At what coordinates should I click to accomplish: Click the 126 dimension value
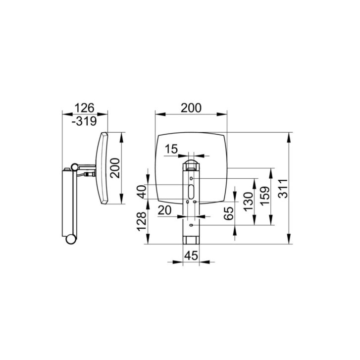pyautogui.click(x=85, y=107)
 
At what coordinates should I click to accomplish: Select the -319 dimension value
pyautogui.click(x=84, y=121)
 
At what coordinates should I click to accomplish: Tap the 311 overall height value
pyautogui.click(x=283, y=189)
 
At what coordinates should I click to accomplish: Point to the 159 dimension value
pyautogui.click(x=265, y=196)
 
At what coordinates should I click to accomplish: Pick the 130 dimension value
pyautogui.click(x=248, y=202)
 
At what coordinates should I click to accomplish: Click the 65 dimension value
pyautogui.click(x=229, y=213)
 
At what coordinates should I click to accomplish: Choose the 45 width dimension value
pyautogui.click(x=191, y=256)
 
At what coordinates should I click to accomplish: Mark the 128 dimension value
pyautogui.click(x=142, y=221)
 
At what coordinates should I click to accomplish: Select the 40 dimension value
pyautogui.click(x=142, y=192)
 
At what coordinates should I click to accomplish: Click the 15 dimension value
pyautogui.click(x=171, y=149)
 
